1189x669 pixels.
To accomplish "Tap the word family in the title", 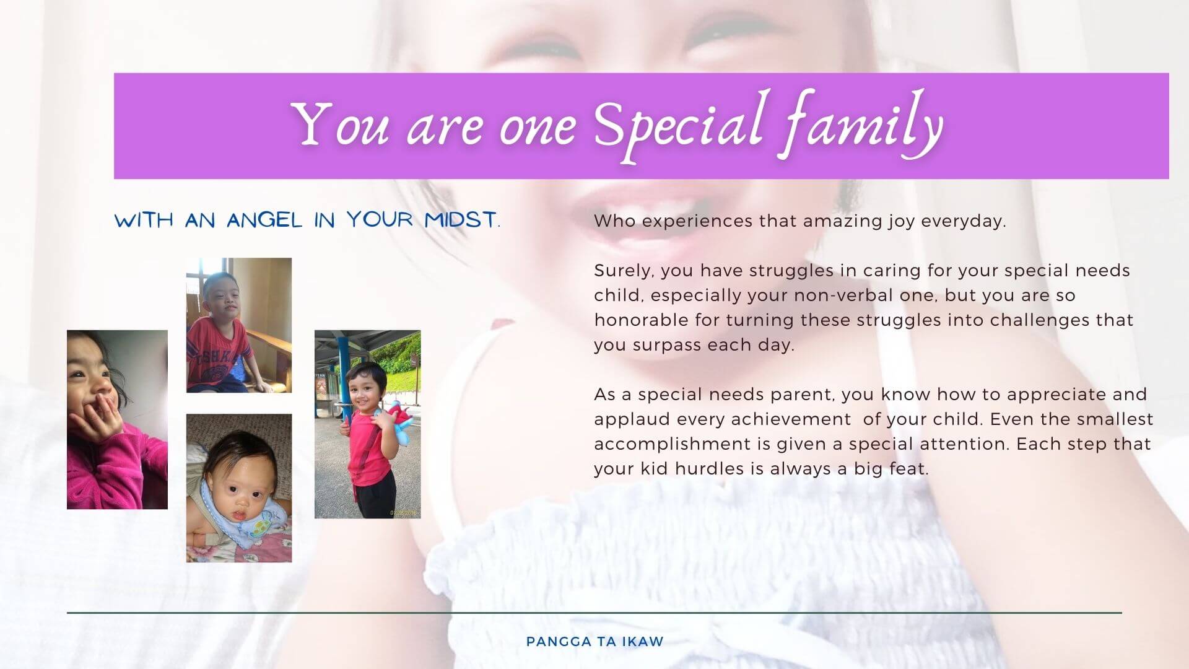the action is pyautogui.click(x=861, y=125).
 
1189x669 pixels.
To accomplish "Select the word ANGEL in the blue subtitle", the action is pyautogui.click(x=264, y=220).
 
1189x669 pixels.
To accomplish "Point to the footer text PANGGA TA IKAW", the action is pyautogui.click(x=594, y=642).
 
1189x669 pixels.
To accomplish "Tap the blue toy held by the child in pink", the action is pyautogui.click(x=396, y=421).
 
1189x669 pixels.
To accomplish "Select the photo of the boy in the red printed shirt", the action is pyautogui.click(x=239, y=325).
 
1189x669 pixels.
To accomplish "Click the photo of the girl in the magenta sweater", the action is pyautogui.click(x=117, y=419).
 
